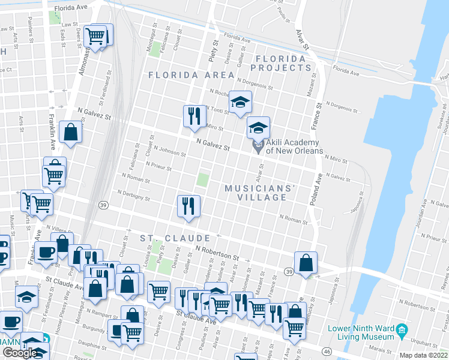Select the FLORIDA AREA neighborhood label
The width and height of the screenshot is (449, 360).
click(191, 75)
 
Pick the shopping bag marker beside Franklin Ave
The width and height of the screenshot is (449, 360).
click(70, 133)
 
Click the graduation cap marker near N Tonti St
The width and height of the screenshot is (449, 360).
click(241, 102)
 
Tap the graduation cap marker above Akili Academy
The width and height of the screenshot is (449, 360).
click(258, 127)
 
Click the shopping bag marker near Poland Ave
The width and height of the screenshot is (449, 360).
click(306, 263)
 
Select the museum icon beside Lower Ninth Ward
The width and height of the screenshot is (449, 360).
click(402, 329)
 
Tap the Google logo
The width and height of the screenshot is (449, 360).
click(20, 353)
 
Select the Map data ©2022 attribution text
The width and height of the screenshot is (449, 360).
click(423, 355)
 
